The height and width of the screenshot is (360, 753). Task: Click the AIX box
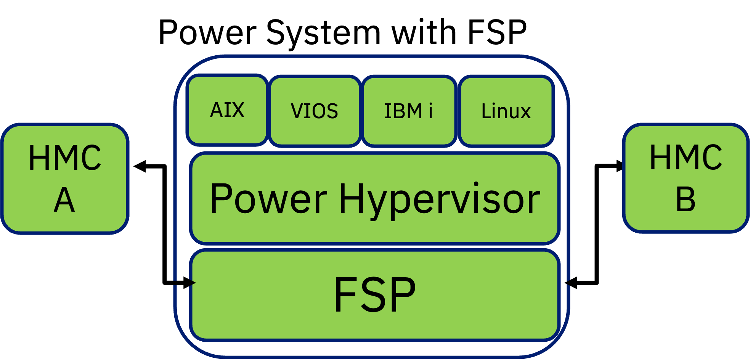227,110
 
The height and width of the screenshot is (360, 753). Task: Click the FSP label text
375,295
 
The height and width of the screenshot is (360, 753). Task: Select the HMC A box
65,178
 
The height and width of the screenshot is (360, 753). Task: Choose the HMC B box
686,178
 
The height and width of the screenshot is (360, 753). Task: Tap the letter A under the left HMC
64,199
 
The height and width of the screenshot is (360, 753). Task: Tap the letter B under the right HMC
686,199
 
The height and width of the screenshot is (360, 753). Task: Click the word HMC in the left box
65,157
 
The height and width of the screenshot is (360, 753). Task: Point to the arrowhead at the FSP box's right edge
567,283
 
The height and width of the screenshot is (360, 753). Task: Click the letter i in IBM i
430,111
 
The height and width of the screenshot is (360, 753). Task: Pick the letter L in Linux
486,111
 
